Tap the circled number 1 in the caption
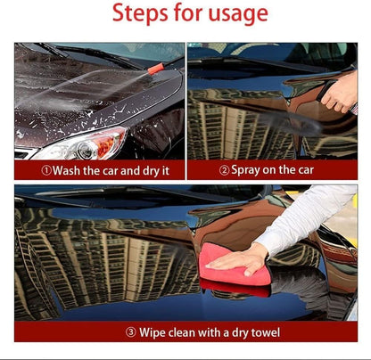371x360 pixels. click(46, 169)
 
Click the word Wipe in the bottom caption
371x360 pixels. click(153, 332)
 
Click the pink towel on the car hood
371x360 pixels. click(235, 266)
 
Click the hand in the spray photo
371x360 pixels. click(340, 92)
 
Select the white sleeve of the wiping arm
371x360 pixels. click(303, 218)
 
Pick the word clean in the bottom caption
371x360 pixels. click(185, 332)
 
